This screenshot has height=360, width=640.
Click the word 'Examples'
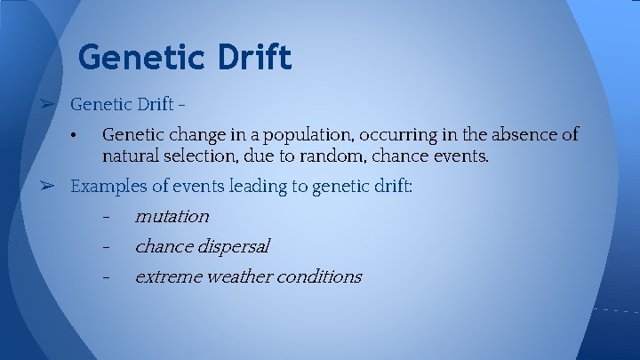105,187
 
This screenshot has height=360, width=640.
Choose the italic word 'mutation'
172,216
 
